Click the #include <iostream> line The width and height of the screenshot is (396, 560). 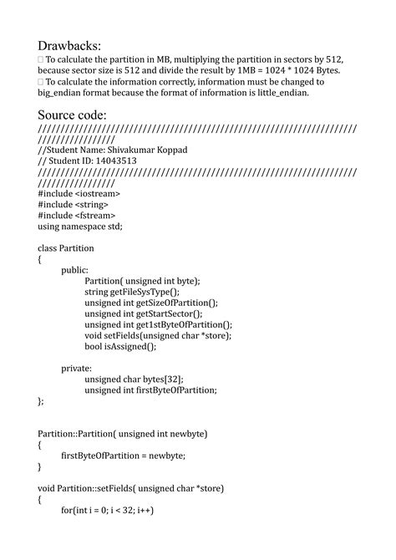[78, 193]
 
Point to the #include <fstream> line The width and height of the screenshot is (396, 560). [76, 215]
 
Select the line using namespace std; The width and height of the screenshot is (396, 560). [80, 226]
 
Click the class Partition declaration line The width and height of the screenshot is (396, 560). [66, 248]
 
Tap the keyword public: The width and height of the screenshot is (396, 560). [75, 270]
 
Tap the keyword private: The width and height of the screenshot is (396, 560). [77, 368]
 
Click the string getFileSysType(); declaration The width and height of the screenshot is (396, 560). [132, 292]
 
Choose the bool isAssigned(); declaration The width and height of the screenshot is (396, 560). [120, 346]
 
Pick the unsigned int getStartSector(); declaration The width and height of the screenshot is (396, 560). [144, 313]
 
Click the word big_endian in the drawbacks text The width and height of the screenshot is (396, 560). [63, 94]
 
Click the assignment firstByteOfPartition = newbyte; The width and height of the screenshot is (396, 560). [124, 455]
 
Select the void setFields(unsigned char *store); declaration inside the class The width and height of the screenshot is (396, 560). [158, 335]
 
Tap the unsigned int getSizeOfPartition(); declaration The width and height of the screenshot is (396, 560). [151, 303]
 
